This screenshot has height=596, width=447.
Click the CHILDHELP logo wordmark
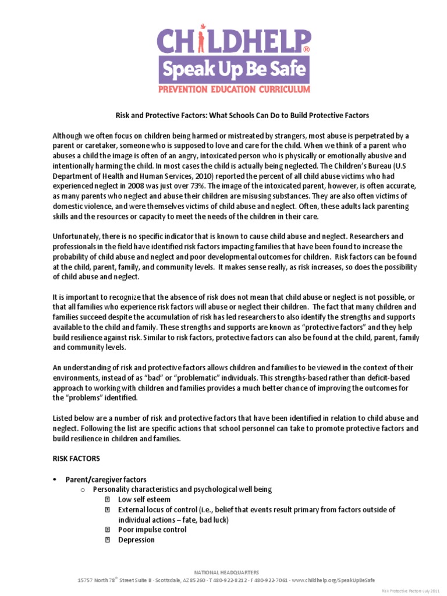pyautogui.click(x=232, y=44)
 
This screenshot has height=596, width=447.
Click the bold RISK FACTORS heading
pyautogui.click(x=76, y=458)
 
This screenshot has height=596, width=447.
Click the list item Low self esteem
pyautogui.click(x=144, y=499)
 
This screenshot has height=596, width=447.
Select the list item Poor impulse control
pyautogui.click(x=152, y=530)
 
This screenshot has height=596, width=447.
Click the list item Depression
pyautogui.click(x=136, y=540)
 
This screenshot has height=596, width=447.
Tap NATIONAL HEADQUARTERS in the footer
pyautogui.click(x=226, y=573)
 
